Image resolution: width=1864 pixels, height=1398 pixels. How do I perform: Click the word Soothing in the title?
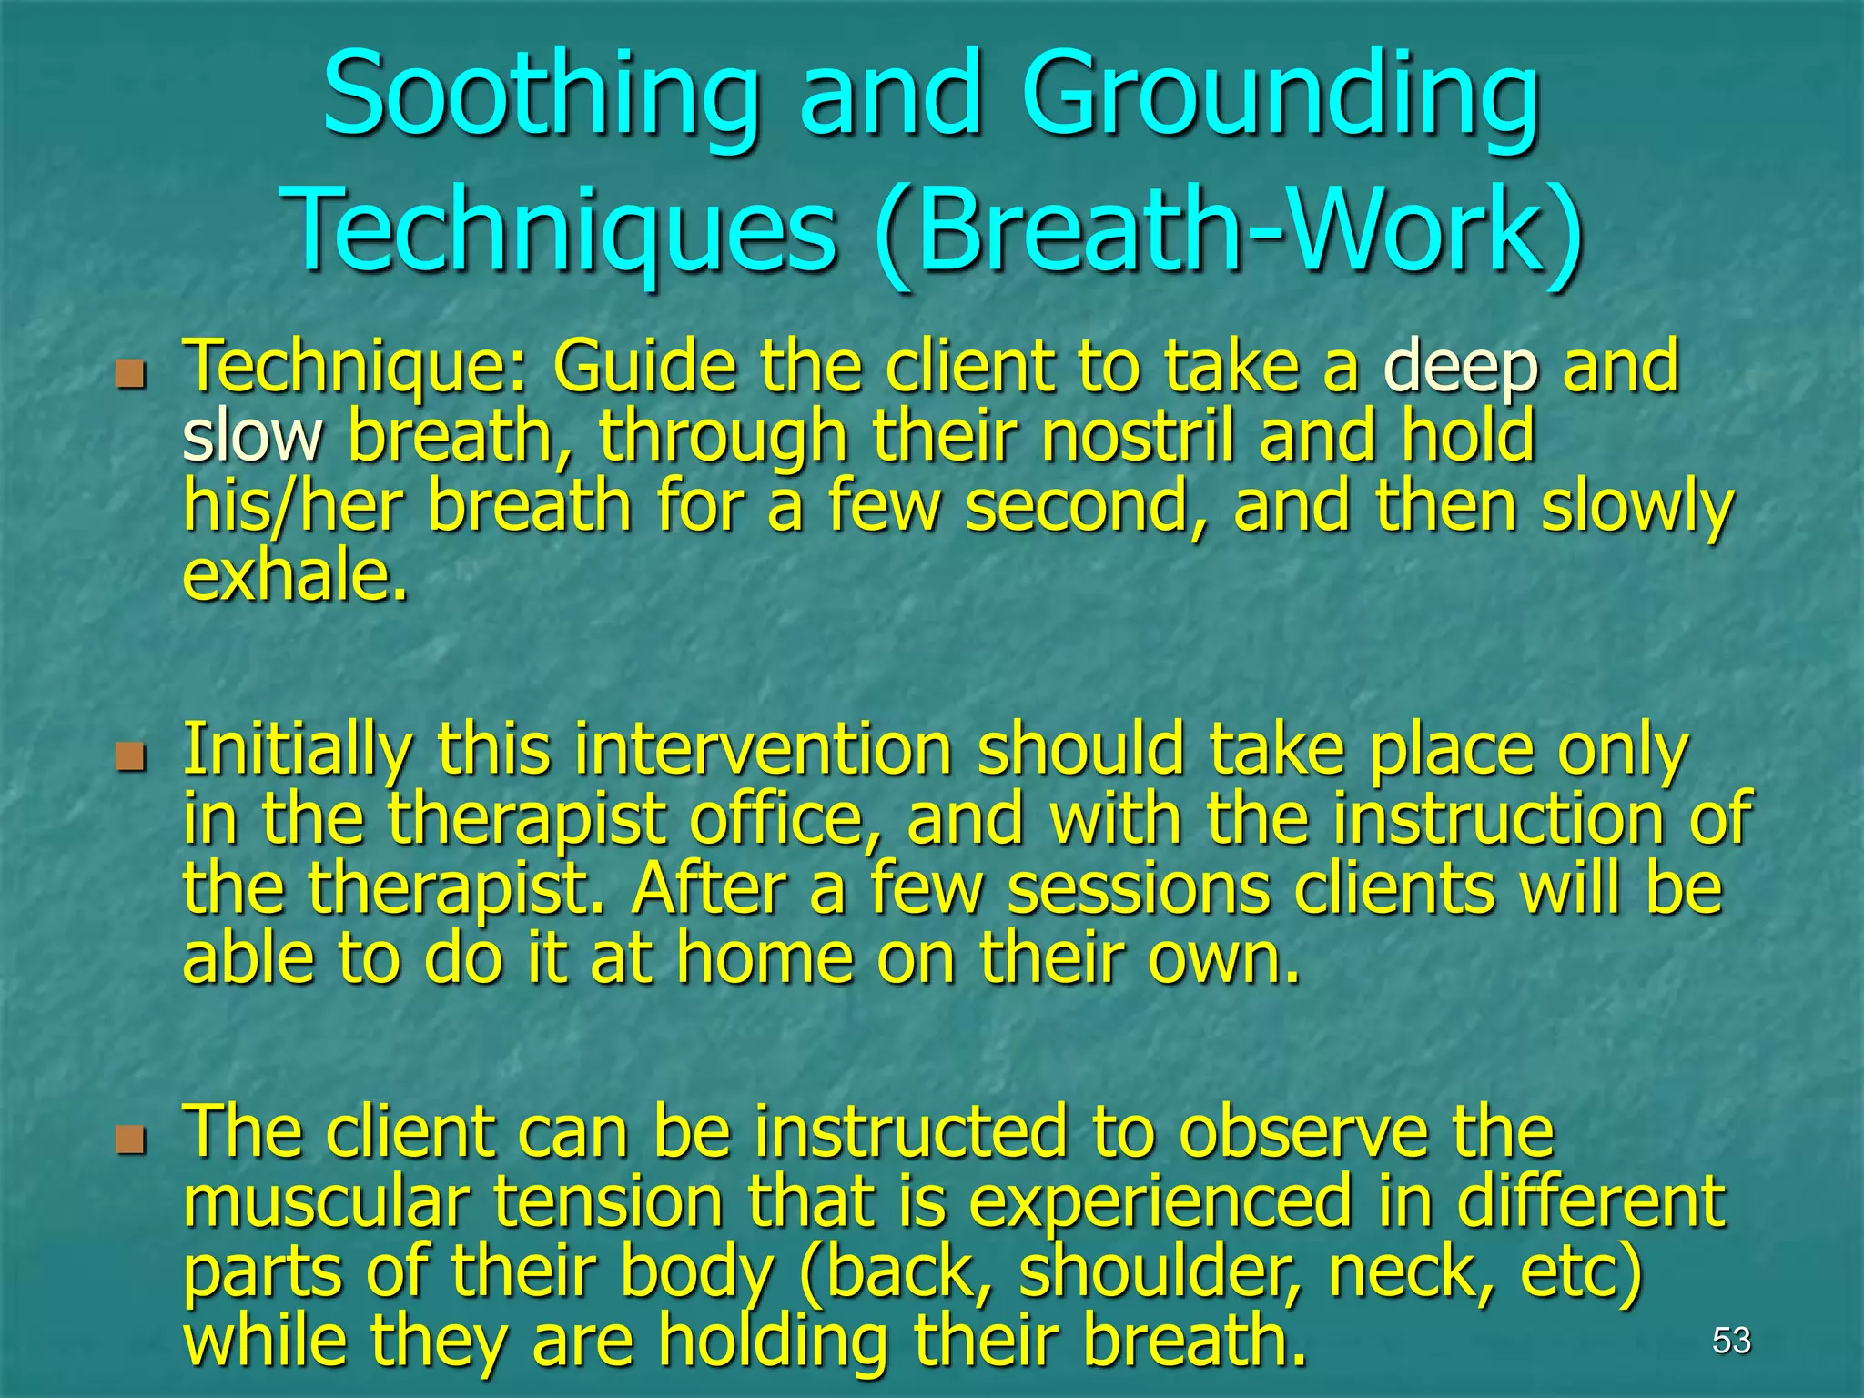(542, 96)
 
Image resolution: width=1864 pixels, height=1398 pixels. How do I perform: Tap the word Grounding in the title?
(1279, 96)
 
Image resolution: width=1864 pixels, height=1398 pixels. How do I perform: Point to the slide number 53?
(1731, 1340)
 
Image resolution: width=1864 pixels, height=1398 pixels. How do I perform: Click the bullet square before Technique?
(131, 374)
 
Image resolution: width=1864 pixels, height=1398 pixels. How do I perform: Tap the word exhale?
(295, 577)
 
